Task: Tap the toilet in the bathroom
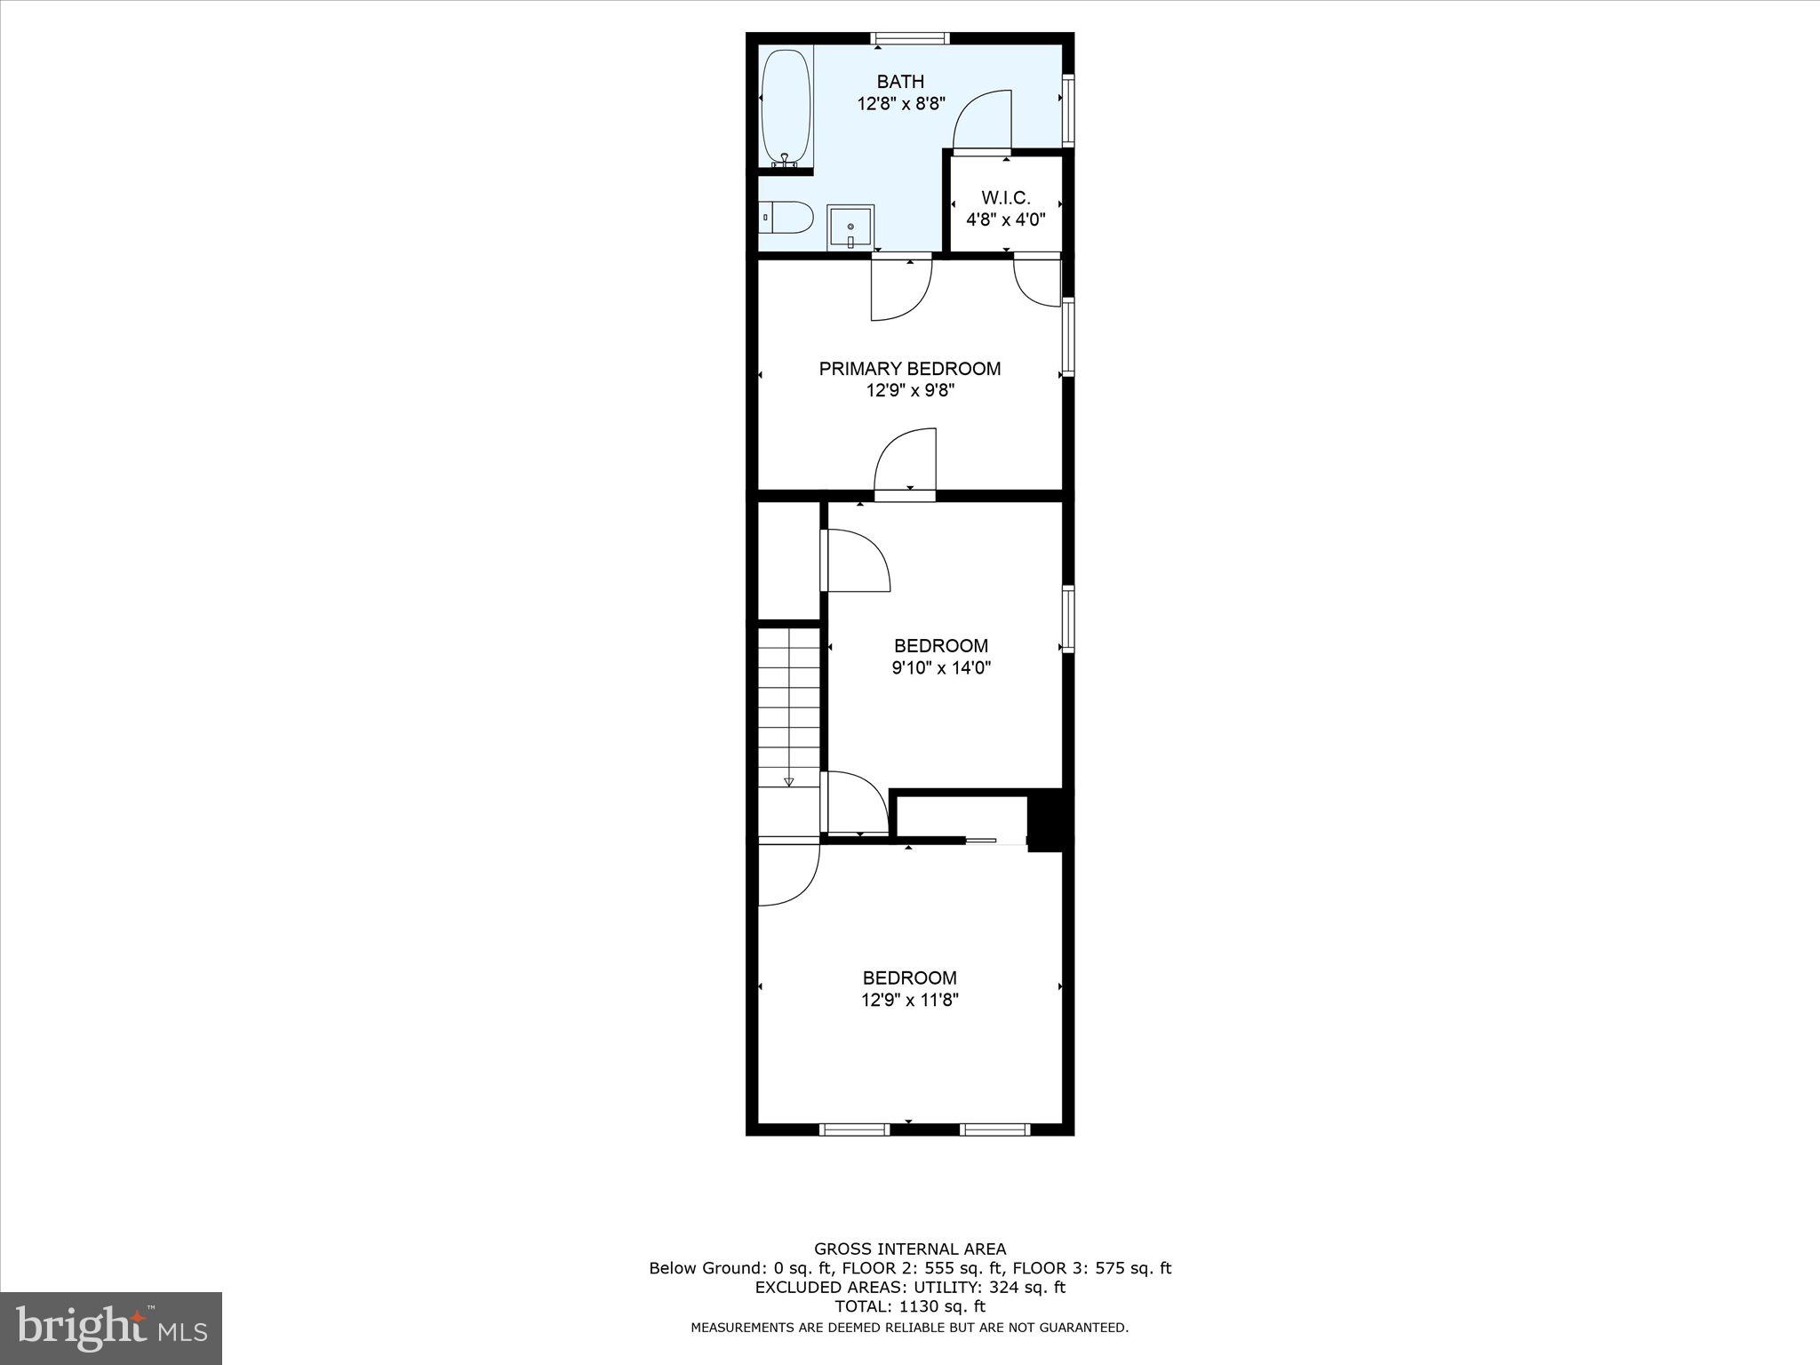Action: (x=788, y=217)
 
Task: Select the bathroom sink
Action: (x=850, y=227)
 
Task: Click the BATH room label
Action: (x=900, y=82)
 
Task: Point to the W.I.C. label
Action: (x=1006, y=198)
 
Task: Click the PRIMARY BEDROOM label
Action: (x=909, y=369)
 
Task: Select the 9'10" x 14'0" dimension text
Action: (x=941, y=668)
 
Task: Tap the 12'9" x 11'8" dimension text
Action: (x=909, y=1001)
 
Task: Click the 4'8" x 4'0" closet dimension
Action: (x=1006, y=220)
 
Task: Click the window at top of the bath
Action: (x=910, y=38)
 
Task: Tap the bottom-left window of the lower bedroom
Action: (x=854, y=1130)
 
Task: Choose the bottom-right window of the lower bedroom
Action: (x=995, y=1130)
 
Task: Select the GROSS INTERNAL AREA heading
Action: (x=909, y=1249)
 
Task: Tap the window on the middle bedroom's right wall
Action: (x=1068, y=619)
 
